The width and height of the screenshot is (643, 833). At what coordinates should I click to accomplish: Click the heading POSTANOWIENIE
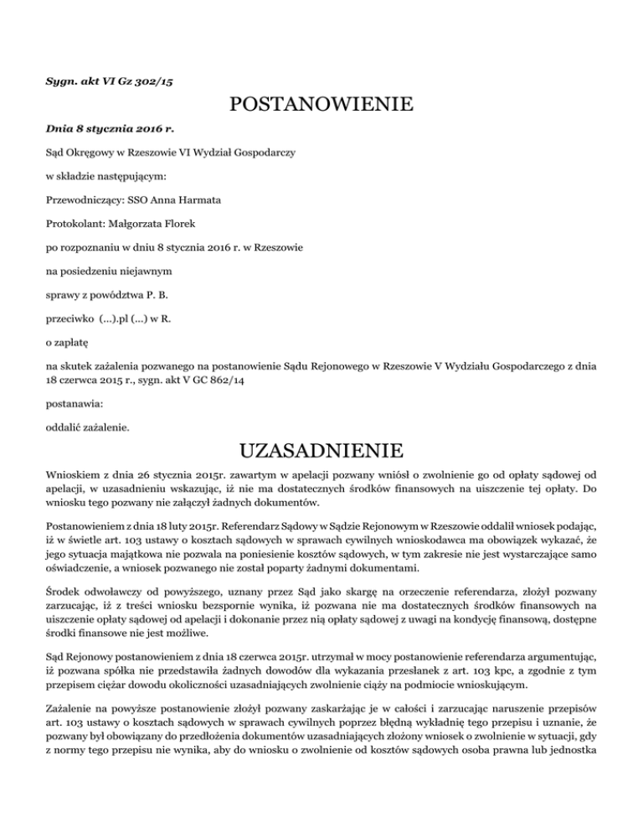[x=321, y=106]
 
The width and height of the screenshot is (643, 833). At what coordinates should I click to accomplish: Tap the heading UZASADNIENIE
[x=321, y=454]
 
